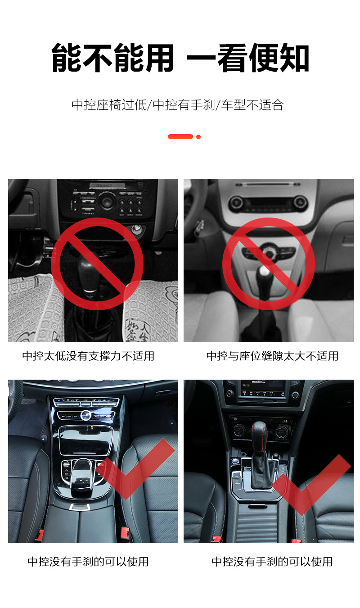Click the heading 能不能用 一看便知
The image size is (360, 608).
pyautogui.click(x=180, y=59)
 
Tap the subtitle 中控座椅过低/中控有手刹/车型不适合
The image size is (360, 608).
pyautogui.click(x=178, y=105)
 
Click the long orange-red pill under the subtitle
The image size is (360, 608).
pyautogui.click(x=180, y=136)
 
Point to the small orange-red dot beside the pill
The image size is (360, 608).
pyautogui.click(x=198, y=136)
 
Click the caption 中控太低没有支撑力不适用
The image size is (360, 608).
pyautogui.click(x=88, y=356)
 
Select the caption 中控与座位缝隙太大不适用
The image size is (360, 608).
pyautogui.click(x=272, y=356)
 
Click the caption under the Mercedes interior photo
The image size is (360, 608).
pyautogui.click(x=88, y=562)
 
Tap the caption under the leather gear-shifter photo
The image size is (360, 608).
pyautogui.click(x=272, y=562)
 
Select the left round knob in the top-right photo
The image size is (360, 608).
pyautogui.click(x=236, y=203)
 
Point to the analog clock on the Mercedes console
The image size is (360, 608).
pyautogui.click(x=85, y=415)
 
